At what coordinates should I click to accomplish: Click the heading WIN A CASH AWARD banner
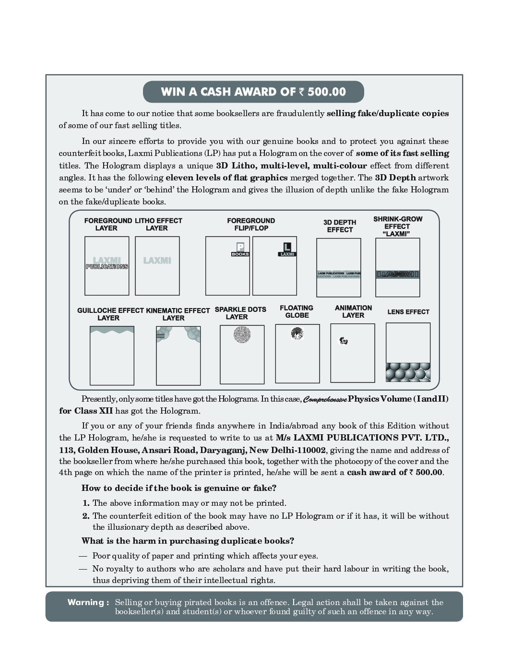tap(253, 92)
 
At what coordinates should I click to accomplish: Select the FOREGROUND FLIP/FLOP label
tap(251, 224)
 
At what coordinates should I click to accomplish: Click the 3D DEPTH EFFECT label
tap(340, 226)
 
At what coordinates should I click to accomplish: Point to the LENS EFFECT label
tap(408, 312)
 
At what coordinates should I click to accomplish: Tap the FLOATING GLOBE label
tap(297, 311)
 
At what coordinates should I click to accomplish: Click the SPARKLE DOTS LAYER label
tap(240, 313)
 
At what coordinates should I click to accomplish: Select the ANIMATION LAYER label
tap(353, 311)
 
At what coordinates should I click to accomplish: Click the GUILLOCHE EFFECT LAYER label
tap(110, 314)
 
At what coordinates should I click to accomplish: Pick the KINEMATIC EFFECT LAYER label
tap(178, 314)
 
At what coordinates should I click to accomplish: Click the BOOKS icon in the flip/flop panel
tap(240, 249)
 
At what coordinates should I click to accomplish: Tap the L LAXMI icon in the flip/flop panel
tap(287, 249)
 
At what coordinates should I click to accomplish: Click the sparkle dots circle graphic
tap(242, 334)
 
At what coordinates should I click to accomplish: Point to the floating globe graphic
tap(297, 333)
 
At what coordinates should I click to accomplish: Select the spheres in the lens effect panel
tap(408, 372)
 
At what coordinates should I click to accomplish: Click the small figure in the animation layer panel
tap(344, 341)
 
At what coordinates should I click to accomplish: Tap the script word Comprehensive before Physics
tap(325, 399)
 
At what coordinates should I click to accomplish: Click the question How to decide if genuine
tap(179, 488)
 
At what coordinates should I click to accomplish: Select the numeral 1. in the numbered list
tap(86, 503)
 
